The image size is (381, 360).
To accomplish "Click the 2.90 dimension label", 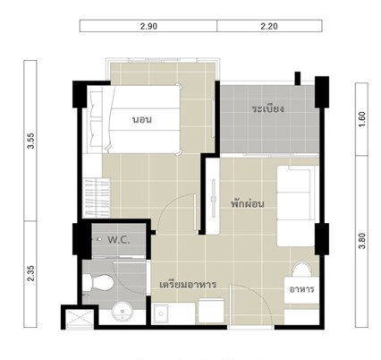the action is (x=148, y=26).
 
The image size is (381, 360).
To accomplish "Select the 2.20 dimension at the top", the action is (x=269, y=26).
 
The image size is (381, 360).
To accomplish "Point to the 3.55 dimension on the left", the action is (x=30, y=141).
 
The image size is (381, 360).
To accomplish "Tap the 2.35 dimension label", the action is (x=30, y=273).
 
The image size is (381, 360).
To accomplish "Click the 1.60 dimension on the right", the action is (x=361, y=119).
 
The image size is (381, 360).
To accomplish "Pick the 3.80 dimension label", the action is (x=361, y=241).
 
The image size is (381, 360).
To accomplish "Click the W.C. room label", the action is (x=119, y=240).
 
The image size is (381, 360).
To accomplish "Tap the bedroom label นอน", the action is (x=142, y=119).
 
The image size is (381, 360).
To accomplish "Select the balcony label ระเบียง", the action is (x=267, y=108).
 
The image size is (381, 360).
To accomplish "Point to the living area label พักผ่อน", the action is (x=248, y=204).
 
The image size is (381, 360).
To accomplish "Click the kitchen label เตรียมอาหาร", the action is (x=188, y=285).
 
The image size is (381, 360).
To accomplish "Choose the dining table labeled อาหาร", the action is (x=301, y=289).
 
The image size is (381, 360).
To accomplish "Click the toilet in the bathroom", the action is (x=97, y=282).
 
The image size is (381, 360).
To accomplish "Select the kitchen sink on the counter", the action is (x=161, y=313).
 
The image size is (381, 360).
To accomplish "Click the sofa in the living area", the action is (x=296, y=206).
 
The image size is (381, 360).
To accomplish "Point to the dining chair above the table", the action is (x=301, y=270).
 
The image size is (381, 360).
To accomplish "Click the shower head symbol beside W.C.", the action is (x=98, y=239).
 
